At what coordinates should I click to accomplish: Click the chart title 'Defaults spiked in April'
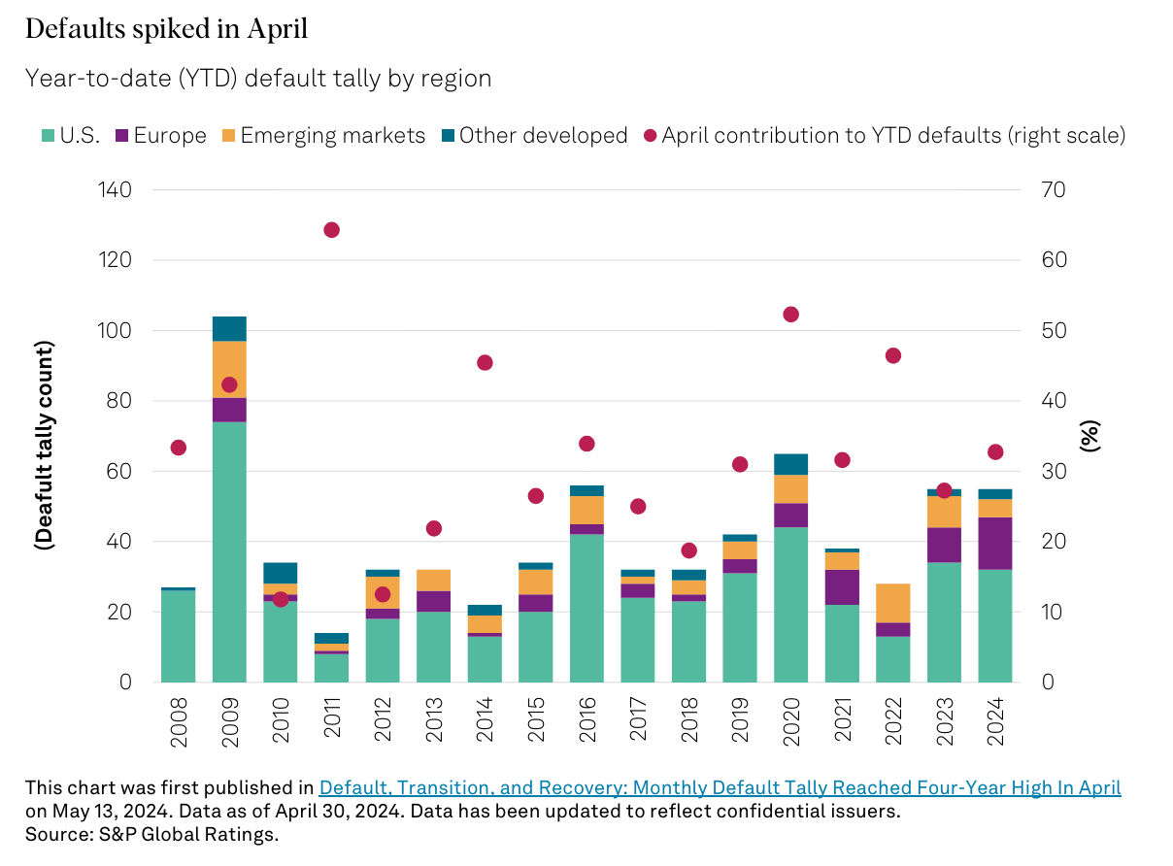[166, 30]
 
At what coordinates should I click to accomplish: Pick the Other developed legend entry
[533, 135]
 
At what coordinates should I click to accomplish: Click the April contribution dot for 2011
[331, 230]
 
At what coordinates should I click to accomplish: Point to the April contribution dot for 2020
[790, 315]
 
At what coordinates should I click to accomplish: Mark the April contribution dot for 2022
[893, 355]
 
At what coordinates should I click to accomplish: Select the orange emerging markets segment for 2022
[893, 603]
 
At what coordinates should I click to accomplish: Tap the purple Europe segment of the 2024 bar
[995, 544]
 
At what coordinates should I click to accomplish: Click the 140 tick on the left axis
[114, 190]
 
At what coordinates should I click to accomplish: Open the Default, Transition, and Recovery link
[720, 787]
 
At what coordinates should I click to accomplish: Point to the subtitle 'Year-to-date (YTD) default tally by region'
[258, 79]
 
